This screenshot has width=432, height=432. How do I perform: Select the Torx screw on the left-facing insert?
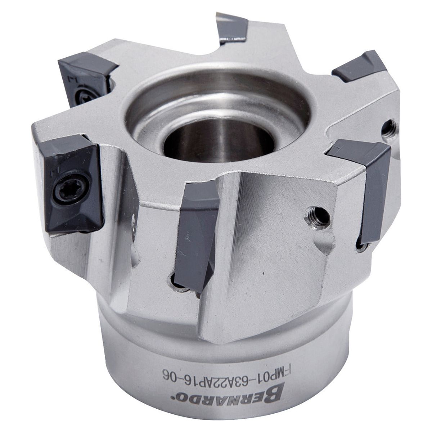point(72,189)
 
